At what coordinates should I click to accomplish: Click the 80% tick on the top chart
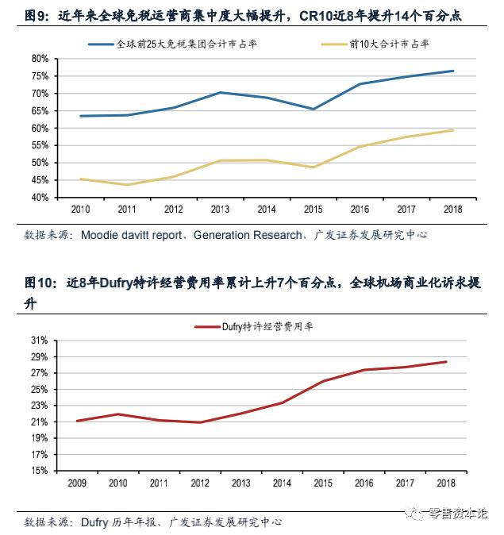(x=40, y=59)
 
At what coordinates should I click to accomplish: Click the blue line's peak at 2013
(x=221, y=93)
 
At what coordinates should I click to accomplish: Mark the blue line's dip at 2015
(x=314, y=110)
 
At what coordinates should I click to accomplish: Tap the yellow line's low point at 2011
(x=127, y=185)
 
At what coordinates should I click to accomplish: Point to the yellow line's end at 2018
(x=453, y=130)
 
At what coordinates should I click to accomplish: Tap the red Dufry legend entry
(x=254, y=326)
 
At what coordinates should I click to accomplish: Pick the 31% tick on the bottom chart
(x=40, y=340)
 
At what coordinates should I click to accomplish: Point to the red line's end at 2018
(x=447, y=362)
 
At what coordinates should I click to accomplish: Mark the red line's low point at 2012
(x=200, y=422)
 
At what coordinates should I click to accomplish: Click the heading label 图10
(x=38, y=283)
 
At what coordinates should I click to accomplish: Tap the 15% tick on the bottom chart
(x=40, y=471)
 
